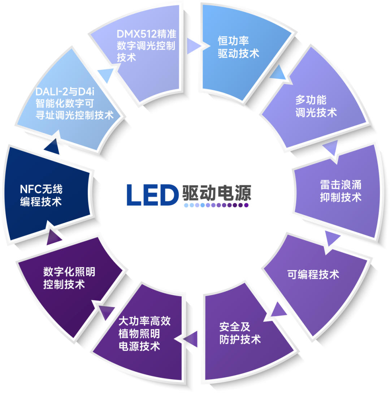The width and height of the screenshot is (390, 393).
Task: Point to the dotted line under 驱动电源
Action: click(216, 205)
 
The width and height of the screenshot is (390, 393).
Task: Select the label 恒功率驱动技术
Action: click(238, 47)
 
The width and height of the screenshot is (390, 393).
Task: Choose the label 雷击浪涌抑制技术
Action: click(341, 191)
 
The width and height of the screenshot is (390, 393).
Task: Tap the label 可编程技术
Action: click(313, 274)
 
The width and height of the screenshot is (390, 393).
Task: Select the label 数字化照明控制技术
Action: click(69, 278)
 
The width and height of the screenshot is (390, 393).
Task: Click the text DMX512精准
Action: click(146, 35)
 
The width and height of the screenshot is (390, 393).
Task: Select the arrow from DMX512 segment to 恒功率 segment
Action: click(194, 46)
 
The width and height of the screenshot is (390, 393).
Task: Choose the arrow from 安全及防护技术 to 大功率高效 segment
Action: click(191, 339)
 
